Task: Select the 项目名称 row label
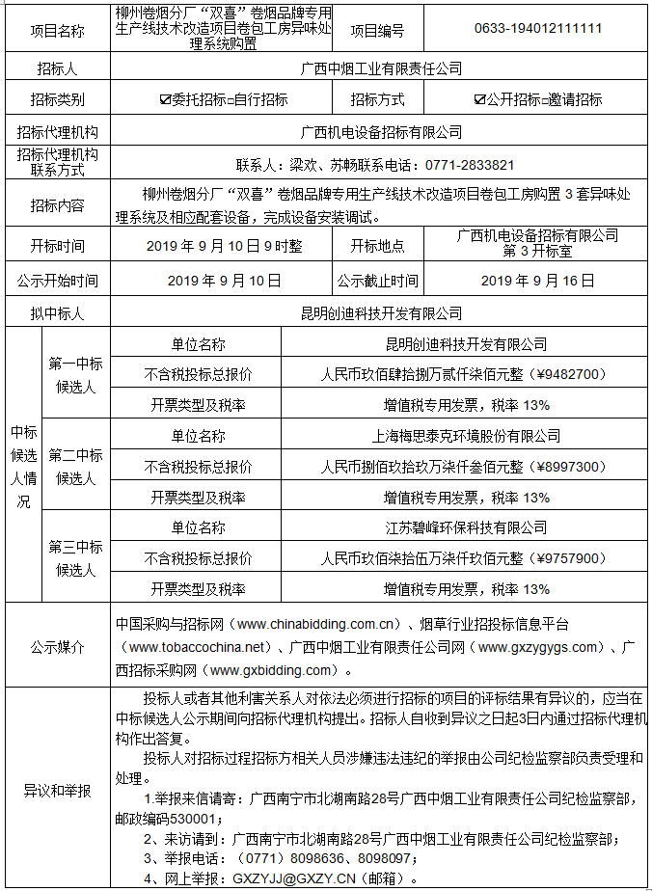(x=57, y=31)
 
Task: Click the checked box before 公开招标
(x=479, y=99)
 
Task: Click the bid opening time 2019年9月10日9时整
(x=224, y=247)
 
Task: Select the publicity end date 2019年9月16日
(x=538, y=281)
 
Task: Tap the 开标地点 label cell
(x=377, y=247)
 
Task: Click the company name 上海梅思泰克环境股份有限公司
(x=466, y=436)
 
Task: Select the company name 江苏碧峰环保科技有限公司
(x=466, y=527)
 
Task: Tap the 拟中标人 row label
(x=57, y=312)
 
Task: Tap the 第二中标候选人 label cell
(x=76, y=467)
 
